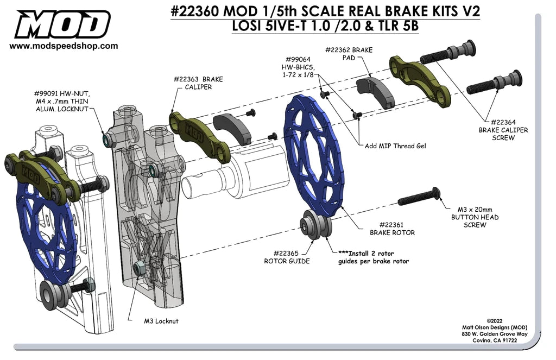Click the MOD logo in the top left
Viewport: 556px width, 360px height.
(62, 24)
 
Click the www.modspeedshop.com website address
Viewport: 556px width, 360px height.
(64, 47)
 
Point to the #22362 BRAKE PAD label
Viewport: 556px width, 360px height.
(349, 53)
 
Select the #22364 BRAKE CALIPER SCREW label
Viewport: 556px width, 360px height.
(503, 130)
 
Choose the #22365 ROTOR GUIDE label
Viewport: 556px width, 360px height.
(287, 256)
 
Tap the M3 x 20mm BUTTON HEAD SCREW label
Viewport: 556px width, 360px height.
(475, 217)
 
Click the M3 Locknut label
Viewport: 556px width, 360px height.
(161, 321)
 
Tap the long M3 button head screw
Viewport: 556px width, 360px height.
(419, 198)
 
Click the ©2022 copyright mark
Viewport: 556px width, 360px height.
(496, 321)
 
